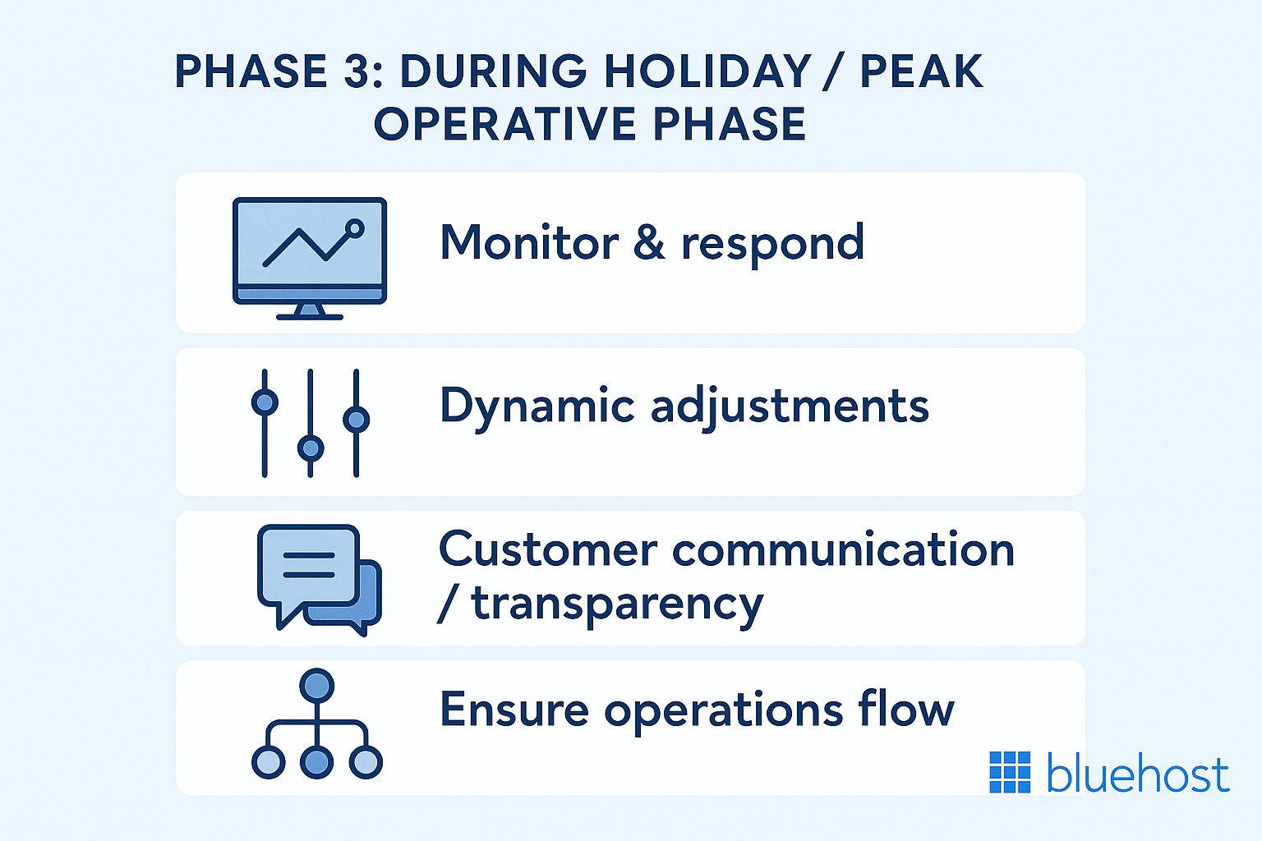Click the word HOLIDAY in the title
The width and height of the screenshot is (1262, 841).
click(x=707, y=71)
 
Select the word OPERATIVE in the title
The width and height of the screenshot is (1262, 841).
click(x=505, y=125)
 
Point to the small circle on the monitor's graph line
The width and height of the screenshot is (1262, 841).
click(x=355, y=227)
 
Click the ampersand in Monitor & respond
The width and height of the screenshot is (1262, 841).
click(x=649, y=243)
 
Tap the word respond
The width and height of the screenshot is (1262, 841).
click(x=772, y=244)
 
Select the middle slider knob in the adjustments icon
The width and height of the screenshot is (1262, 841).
click(x=311, y=448)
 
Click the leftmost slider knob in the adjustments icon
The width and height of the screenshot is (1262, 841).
click(x=265, y=402)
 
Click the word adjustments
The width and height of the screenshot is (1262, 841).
click(x=790, y=407)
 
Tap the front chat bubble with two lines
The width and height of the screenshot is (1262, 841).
click(x=309, y=567)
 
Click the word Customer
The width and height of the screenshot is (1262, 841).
click(x=548, y=549)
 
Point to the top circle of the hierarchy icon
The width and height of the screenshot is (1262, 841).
click(x=317, y=685)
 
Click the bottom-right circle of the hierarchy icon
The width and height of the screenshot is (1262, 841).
click(x=365, y=762)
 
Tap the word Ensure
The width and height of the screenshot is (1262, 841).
click(x=514, y=710)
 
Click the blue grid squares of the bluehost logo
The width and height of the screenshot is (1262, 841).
click(x=1010, y=772)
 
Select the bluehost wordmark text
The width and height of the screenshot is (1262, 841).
click(x=1138, y=774)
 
